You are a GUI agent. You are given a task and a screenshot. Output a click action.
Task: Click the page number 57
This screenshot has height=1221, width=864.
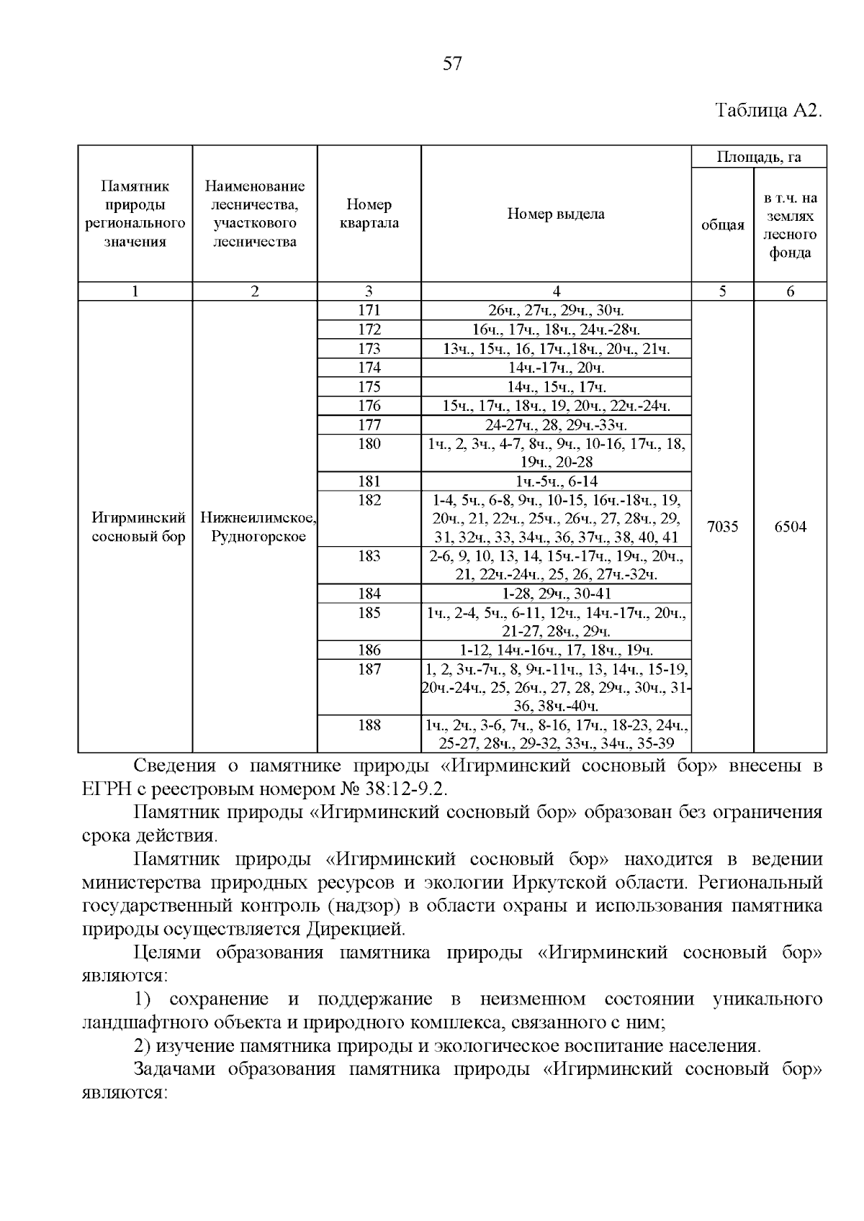pos(451,64)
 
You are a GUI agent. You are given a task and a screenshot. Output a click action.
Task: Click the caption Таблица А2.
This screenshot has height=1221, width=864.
pos(768,111)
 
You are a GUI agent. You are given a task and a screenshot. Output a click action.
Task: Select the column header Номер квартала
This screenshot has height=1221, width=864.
pos(369,214)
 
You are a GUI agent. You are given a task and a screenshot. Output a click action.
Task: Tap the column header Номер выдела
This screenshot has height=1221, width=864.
pos(556,214)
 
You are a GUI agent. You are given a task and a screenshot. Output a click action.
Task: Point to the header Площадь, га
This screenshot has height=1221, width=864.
pos(759,157)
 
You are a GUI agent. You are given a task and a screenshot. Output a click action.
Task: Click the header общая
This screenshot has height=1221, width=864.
pos(722,225)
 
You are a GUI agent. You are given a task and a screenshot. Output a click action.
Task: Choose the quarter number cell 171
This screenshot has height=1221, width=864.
pos(369,311)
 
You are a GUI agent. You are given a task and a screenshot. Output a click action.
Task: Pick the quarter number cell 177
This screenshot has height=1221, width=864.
pos(369,425)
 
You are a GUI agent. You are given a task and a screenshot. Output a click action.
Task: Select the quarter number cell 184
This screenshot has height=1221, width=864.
pos(369,594)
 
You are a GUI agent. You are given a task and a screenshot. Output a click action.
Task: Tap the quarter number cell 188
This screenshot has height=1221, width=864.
pos(369,725)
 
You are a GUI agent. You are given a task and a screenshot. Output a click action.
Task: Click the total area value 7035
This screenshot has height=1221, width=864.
pos(722,527)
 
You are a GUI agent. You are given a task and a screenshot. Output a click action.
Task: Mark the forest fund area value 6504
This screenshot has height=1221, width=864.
pos(790,527)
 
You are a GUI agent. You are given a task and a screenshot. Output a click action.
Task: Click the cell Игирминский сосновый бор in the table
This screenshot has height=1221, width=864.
pos(135,527)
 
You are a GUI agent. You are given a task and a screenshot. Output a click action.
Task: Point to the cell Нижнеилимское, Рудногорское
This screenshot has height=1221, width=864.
pos(255,527)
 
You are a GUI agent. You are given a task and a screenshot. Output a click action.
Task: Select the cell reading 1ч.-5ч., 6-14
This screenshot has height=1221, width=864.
pos(556,481)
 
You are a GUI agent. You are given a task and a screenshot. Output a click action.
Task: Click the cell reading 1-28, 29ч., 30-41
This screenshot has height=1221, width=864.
pos(556,594)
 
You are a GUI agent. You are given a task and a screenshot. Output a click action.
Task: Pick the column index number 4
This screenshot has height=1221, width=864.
pos(556,291)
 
